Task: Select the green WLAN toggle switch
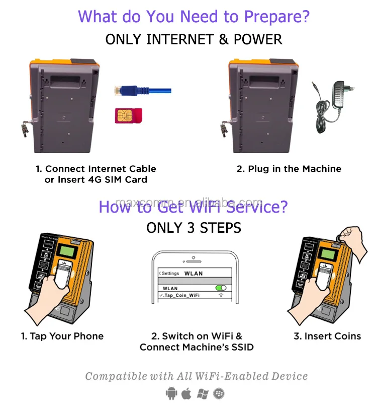tap(220, 288)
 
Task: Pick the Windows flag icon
tap(202, 392)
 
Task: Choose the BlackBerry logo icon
tap(218, 392)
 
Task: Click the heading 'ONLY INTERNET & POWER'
tap(194, 39)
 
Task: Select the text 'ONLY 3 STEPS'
tap(194, 228)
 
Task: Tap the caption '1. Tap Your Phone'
tap(62, 336)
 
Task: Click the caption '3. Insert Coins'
tap(327, 336)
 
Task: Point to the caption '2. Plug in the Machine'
tap(289, 169)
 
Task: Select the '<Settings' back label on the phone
tap(169, 273)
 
